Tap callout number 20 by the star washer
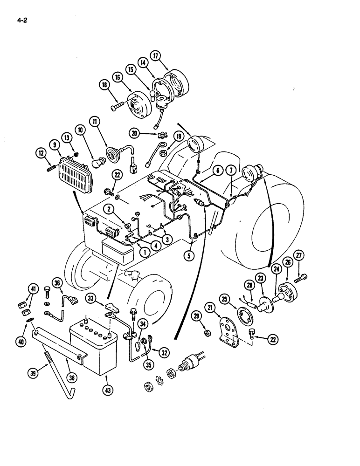pos(135,133)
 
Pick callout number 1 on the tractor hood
pos(145,252)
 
